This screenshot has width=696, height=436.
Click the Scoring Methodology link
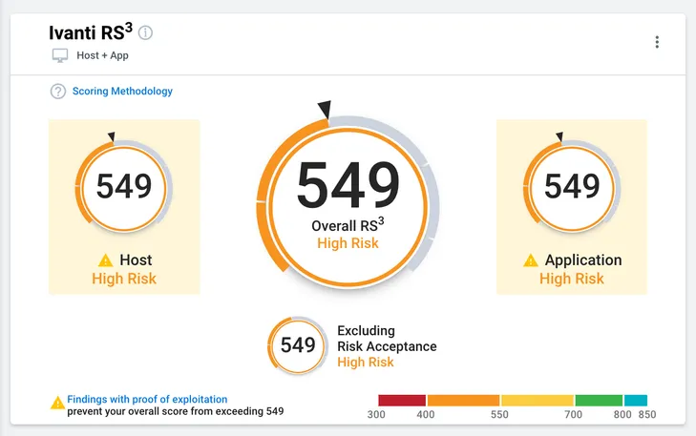click(122, 92)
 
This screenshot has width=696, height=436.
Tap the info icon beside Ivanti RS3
click(145, 32)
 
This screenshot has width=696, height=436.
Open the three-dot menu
click(657, 42)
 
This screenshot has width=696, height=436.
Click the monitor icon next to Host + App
click(60, 56)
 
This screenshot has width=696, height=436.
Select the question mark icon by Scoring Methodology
click(58, 92)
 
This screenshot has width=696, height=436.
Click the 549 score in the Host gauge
click(124, 186)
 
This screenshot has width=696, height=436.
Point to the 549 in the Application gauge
click(572, 186)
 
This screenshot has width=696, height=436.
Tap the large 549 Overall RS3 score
click(348, 184)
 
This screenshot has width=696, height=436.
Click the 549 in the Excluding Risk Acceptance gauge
click(298, 345)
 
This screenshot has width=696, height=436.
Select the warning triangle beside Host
click(106, 260)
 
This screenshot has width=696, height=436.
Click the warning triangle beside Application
click(531, 260)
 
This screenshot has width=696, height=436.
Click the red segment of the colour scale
click(402, 400)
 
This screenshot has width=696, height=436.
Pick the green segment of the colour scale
click(599, 400)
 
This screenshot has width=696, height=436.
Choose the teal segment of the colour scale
click(636, 400)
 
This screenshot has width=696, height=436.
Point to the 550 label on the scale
click(499, 415)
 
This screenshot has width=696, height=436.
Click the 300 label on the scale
click(376, 415)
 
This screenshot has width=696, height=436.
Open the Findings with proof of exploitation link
click(147, 399)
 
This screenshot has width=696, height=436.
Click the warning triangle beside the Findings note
click(57, 403)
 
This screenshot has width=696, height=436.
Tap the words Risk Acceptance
click(387, 346)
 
